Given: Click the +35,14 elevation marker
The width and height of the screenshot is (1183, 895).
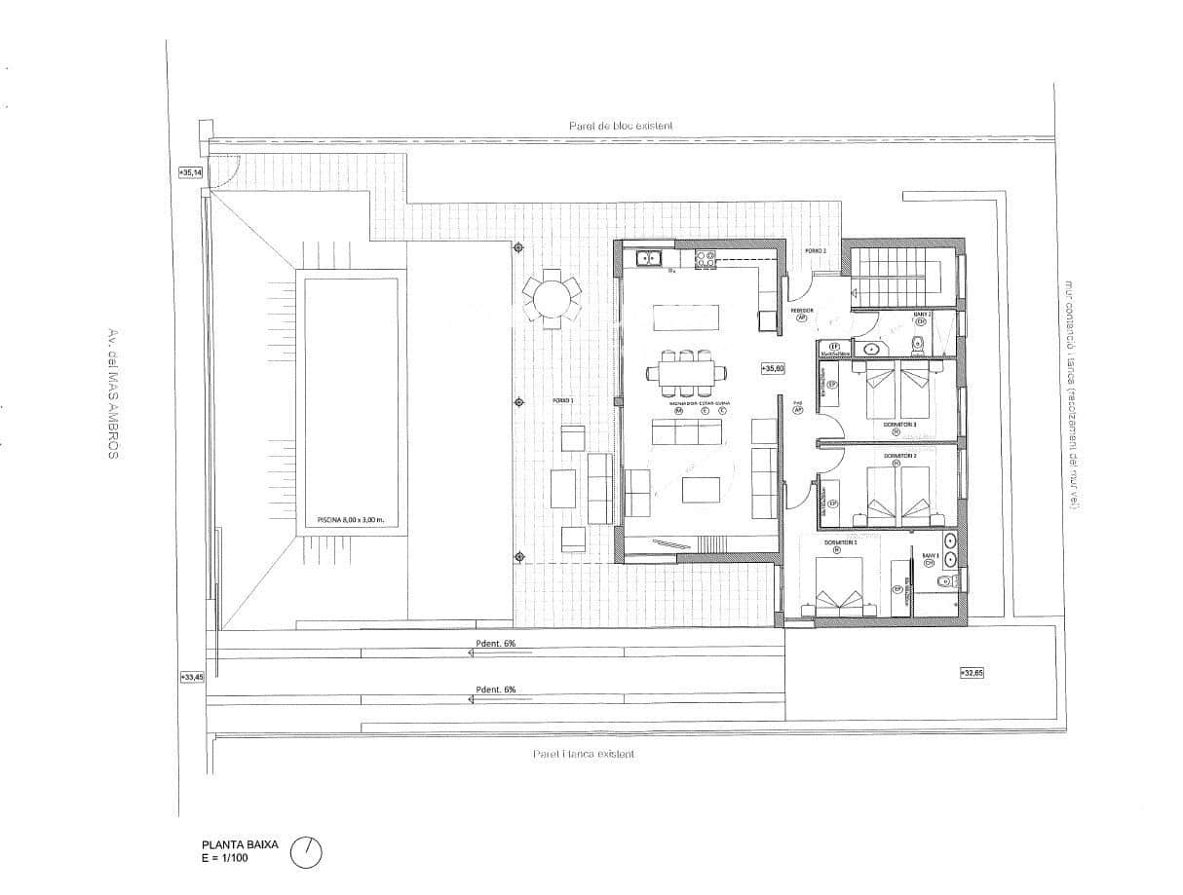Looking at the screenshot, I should pos(190,172).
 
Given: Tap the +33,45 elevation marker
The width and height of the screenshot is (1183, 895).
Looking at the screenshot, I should pos(191,677).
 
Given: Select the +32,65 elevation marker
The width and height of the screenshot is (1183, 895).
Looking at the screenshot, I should pos(972,672).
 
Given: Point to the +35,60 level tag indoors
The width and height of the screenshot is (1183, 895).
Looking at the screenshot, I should pos(773,369).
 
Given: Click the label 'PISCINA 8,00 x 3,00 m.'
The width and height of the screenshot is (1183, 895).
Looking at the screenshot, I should pos(351,520).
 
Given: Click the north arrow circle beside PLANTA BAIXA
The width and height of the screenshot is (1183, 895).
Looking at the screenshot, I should pos(306,852).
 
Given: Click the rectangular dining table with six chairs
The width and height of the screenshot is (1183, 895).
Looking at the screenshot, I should pos(686,371).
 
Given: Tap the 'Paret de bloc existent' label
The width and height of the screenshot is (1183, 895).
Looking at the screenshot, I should pos(621,126).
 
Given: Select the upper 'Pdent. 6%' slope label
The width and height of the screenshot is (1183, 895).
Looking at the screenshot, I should pos(496,643).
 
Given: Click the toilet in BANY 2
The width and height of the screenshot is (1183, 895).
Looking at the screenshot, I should pos(917,343).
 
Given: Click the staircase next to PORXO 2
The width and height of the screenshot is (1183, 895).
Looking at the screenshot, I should pos(897,276).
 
